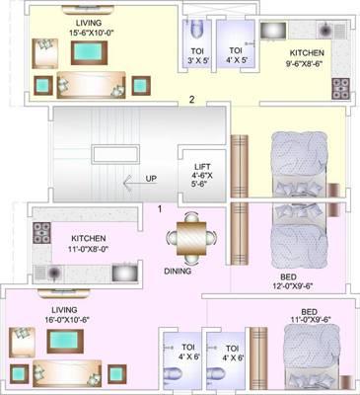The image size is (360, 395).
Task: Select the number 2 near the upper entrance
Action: coord(192,99)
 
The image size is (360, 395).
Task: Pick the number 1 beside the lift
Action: coord(159,207)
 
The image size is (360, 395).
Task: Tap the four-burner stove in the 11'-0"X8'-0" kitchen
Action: coord(43,234)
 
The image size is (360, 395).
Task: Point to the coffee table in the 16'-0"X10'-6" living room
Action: coord(69,342)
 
